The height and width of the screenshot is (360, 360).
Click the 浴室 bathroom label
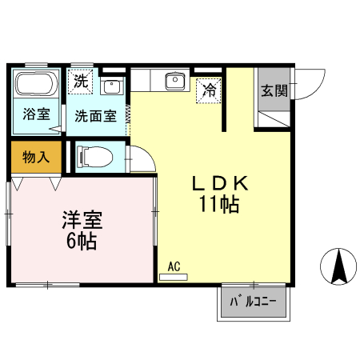(x=35, y=114)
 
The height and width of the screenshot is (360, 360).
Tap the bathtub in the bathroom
(x=36, y=85)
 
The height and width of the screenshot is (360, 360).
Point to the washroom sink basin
(x=112, y=86)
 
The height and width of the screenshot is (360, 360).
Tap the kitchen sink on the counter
(x=172, y=80)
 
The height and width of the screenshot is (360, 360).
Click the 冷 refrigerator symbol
(x=209, y=90)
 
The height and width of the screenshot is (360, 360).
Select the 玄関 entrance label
(x=274, y=90)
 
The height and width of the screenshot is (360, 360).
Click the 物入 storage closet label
(x=36, y=156)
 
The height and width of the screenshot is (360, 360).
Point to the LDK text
(x=220, y=183)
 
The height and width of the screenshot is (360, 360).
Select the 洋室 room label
(x=82, y=219)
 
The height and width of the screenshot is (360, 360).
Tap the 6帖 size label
(x=82, y=240)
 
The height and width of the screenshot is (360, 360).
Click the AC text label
(x=174, y=266)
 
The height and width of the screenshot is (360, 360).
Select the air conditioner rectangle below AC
(x=174, y=277)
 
